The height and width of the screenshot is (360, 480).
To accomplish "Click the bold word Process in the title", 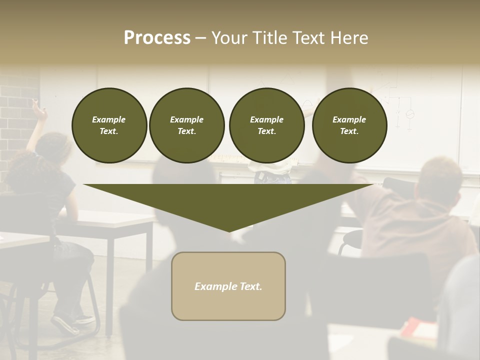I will (157, 38).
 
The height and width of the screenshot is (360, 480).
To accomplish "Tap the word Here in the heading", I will (349, 38).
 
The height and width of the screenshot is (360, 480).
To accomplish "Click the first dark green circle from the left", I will (109, 125).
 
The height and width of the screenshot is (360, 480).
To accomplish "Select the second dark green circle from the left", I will (186, 125).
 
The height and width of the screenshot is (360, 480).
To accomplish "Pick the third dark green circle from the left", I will (266, 125).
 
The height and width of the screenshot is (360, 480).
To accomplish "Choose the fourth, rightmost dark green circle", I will (349, 125).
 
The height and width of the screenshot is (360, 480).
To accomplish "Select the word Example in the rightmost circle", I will (349, 119).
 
